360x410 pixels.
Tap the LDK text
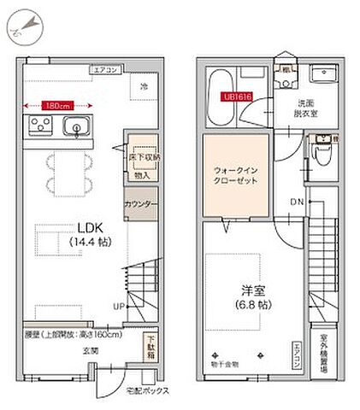coord(91,228)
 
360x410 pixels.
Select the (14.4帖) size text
coord(91,242)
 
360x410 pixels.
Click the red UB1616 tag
coord(237,97)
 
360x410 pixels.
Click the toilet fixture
coord(322,155)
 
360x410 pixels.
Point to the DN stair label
coord(296,202)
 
